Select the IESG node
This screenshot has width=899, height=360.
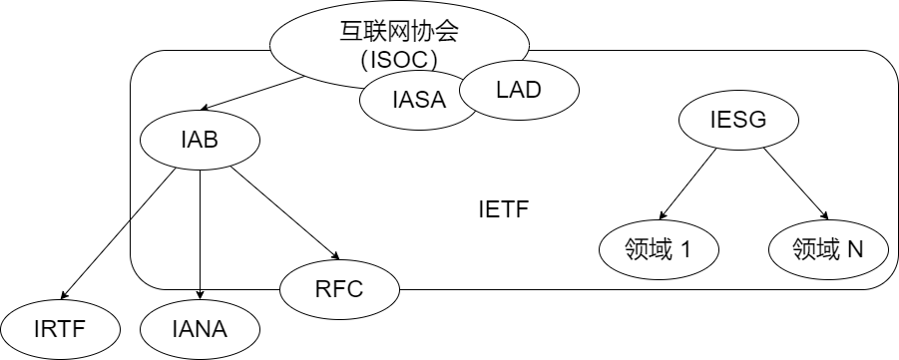pos(738,122)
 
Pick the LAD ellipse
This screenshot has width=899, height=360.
pos(518,91)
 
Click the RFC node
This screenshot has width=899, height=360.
pos(339,290)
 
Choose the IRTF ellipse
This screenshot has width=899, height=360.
pos(61,328)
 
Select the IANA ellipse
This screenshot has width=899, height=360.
pos(199,328)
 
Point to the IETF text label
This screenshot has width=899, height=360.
pos(503,211)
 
